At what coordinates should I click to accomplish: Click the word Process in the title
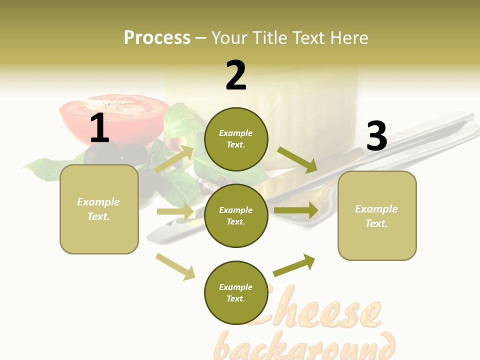pyautogui.click(x=157, y=37)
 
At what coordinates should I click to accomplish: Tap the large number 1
pyautogui.click(x=99, y=128)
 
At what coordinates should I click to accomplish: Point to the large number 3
pyautogui.click(x=376, y=136)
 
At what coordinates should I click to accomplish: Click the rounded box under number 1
pyautogui.click(x=99, y=209)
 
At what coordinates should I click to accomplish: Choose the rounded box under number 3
pyautogui.click(x=377, y=216)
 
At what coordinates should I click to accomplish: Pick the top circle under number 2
pyautogui.click(x=236, y=139)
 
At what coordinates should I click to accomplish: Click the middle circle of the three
pyautogui.click(x=236, y=215)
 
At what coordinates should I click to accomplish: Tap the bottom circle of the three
pyautogui.click(x=236, y=292)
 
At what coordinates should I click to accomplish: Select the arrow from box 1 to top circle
pyautogui.click(x=174, y=159)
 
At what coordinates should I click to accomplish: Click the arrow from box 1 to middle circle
pyautogui.click(x=175, y=211)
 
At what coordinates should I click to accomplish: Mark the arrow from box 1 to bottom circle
pyautogui.click(x=175, y=266)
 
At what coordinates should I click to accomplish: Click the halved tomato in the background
pyautogui.click(x=114, y=117)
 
